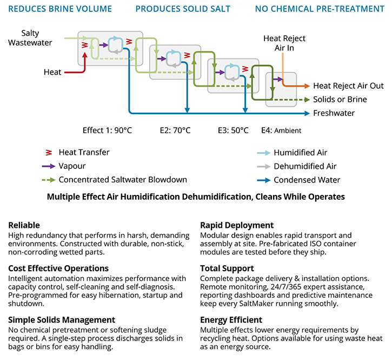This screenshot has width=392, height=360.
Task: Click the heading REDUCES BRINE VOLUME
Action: pos(60,9)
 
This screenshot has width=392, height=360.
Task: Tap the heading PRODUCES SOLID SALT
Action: pos(183,9)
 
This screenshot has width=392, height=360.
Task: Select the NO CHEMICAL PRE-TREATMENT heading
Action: pos(320,9)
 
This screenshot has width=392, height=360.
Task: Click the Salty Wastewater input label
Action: pos(30,38)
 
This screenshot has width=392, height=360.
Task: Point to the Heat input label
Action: pos(52,72)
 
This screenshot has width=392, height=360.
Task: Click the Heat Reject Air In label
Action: pos(284,43)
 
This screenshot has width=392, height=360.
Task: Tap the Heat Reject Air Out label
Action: pos(348,86)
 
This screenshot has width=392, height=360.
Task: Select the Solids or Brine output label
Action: pos(340,100)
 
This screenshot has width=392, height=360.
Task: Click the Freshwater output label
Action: pos(334,113)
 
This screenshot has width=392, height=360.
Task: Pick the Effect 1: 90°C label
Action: pos(107,130)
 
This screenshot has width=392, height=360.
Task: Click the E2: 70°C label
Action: pos(175,130)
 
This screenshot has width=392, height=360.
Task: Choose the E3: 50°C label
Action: pos(233,130)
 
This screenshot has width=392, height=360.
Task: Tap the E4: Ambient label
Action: pos(281,130)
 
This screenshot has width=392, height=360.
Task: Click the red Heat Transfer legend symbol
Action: pos(49,153)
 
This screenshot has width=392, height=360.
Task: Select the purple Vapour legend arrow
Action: pos(49,166)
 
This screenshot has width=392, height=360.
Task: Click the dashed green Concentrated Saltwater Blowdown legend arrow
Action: pos(49,180)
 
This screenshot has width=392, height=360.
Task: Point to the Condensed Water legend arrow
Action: pos(264,180)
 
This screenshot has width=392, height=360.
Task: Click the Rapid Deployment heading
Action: pos(237,225)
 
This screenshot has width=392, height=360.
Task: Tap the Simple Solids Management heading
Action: pos(62,320)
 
